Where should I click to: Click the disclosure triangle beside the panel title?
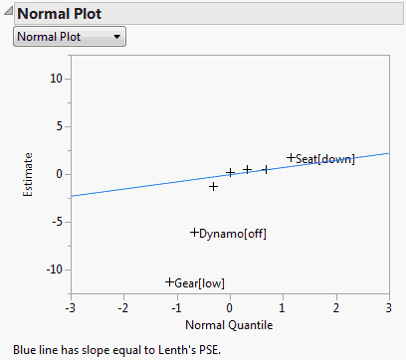click(x=7, y=12)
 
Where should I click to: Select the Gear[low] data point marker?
click(x=169, y=282)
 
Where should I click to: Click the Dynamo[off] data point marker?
click(x=194, y=233)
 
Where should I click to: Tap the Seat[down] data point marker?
click(x=291, y=157)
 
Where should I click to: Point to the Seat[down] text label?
click(x=324, y=159)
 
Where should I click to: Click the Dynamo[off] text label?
click(x=232, y=235)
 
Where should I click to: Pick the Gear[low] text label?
click(x=199, y=284)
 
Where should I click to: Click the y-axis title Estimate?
click(x=30, y=174)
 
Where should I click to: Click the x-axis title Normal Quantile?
click(x=229, y=324)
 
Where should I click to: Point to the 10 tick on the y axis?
click(x=57, y=79)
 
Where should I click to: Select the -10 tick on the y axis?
click(x=55, y=270)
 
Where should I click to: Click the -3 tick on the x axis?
click(x=70, y=307)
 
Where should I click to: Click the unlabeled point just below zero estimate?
click(x=213, y=186)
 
